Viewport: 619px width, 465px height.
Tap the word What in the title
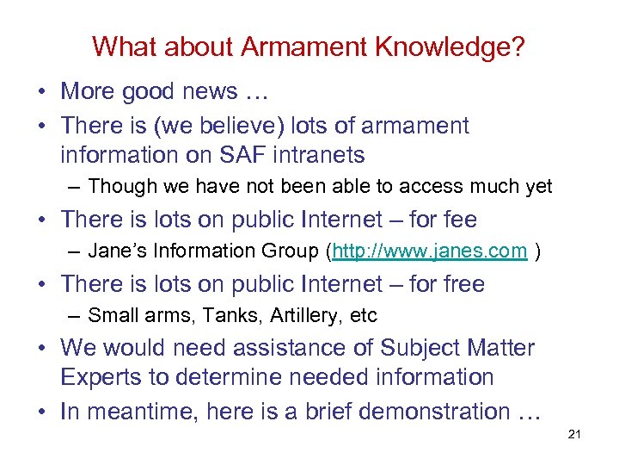pos(120,47)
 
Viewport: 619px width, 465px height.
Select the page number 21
pos(575,434)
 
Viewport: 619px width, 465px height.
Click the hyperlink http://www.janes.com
pos(429,251)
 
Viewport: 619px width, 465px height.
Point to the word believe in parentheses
pos(217,126)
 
